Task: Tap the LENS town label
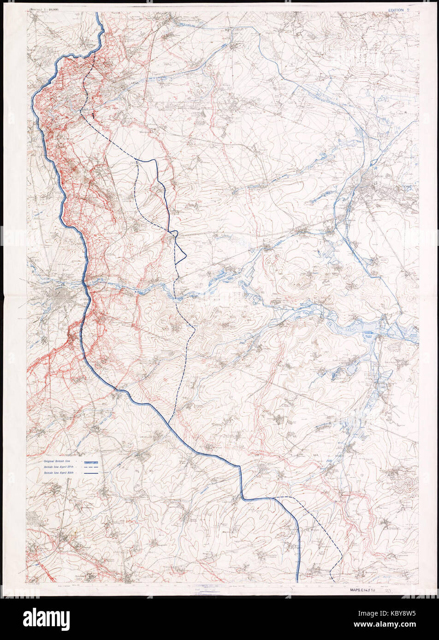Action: coord(135,84)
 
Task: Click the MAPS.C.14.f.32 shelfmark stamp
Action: coord(362,589)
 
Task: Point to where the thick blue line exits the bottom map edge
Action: coord(298,581)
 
